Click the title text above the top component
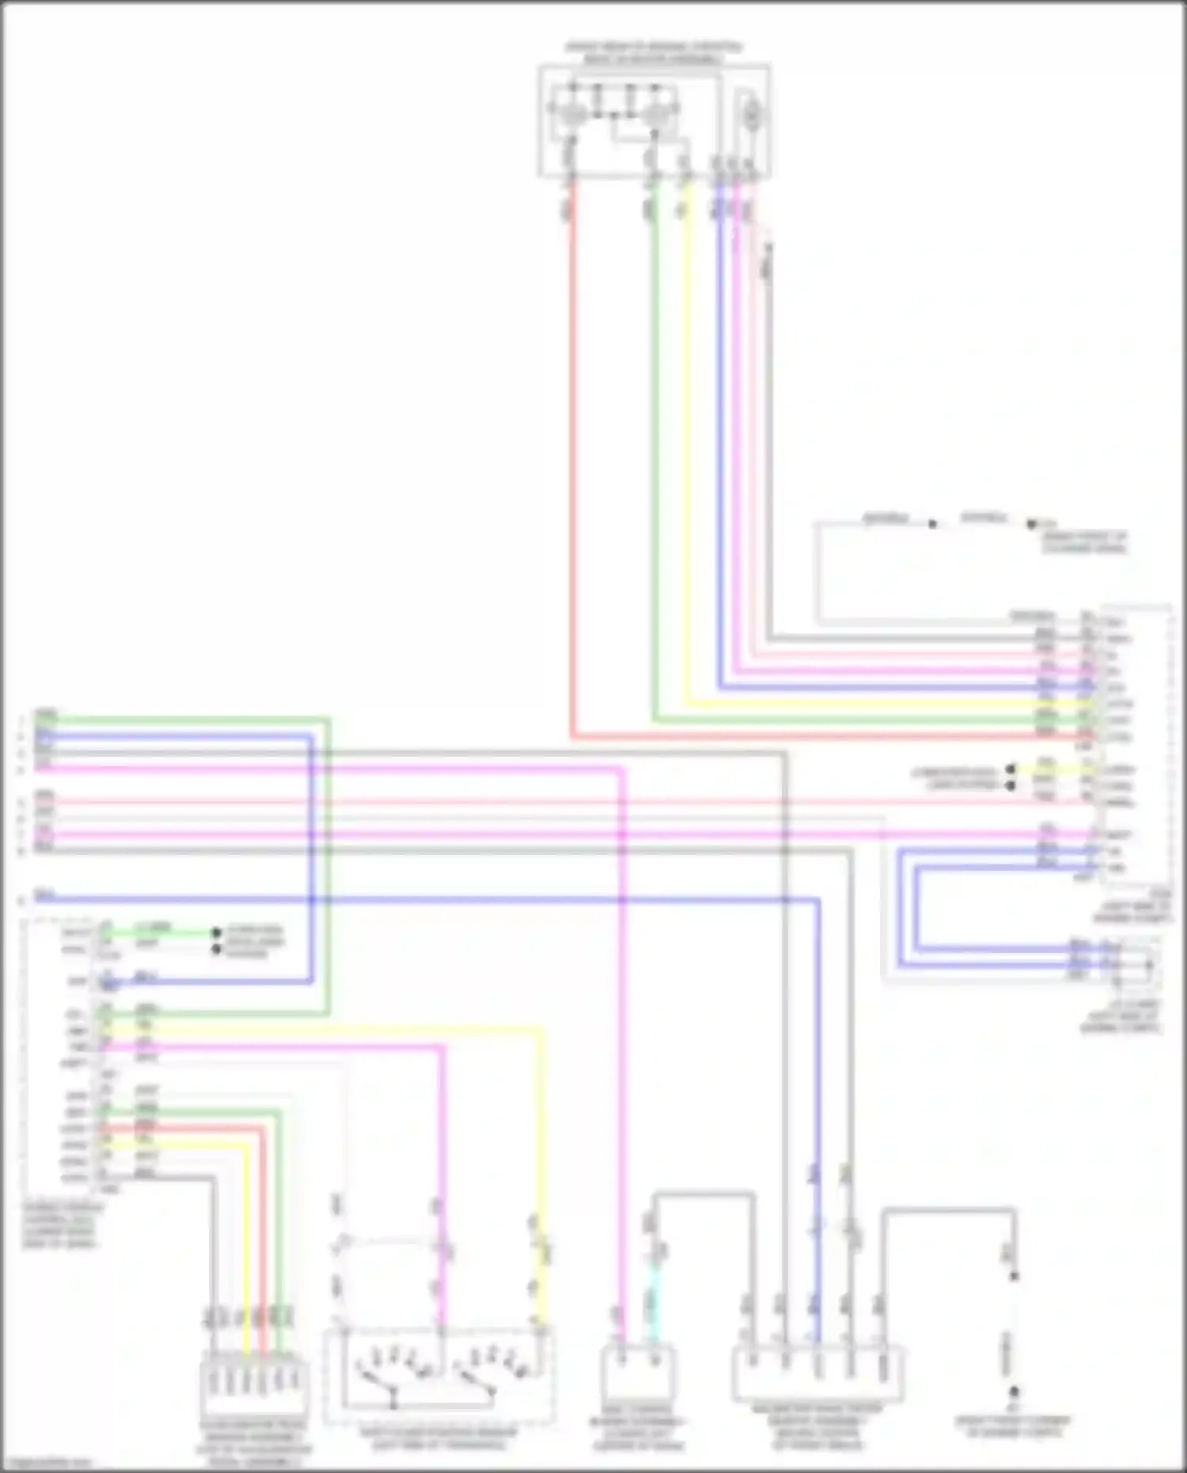(654, 53)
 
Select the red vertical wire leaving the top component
(571, 459)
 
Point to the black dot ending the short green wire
(216, 932)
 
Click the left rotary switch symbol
(392, 1376)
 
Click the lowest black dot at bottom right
(1014, 1391)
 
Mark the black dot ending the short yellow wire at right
(1011, 769)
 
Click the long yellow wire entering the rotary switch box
(543, 1148)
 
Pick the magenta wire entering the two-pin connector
(622, 1108)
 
